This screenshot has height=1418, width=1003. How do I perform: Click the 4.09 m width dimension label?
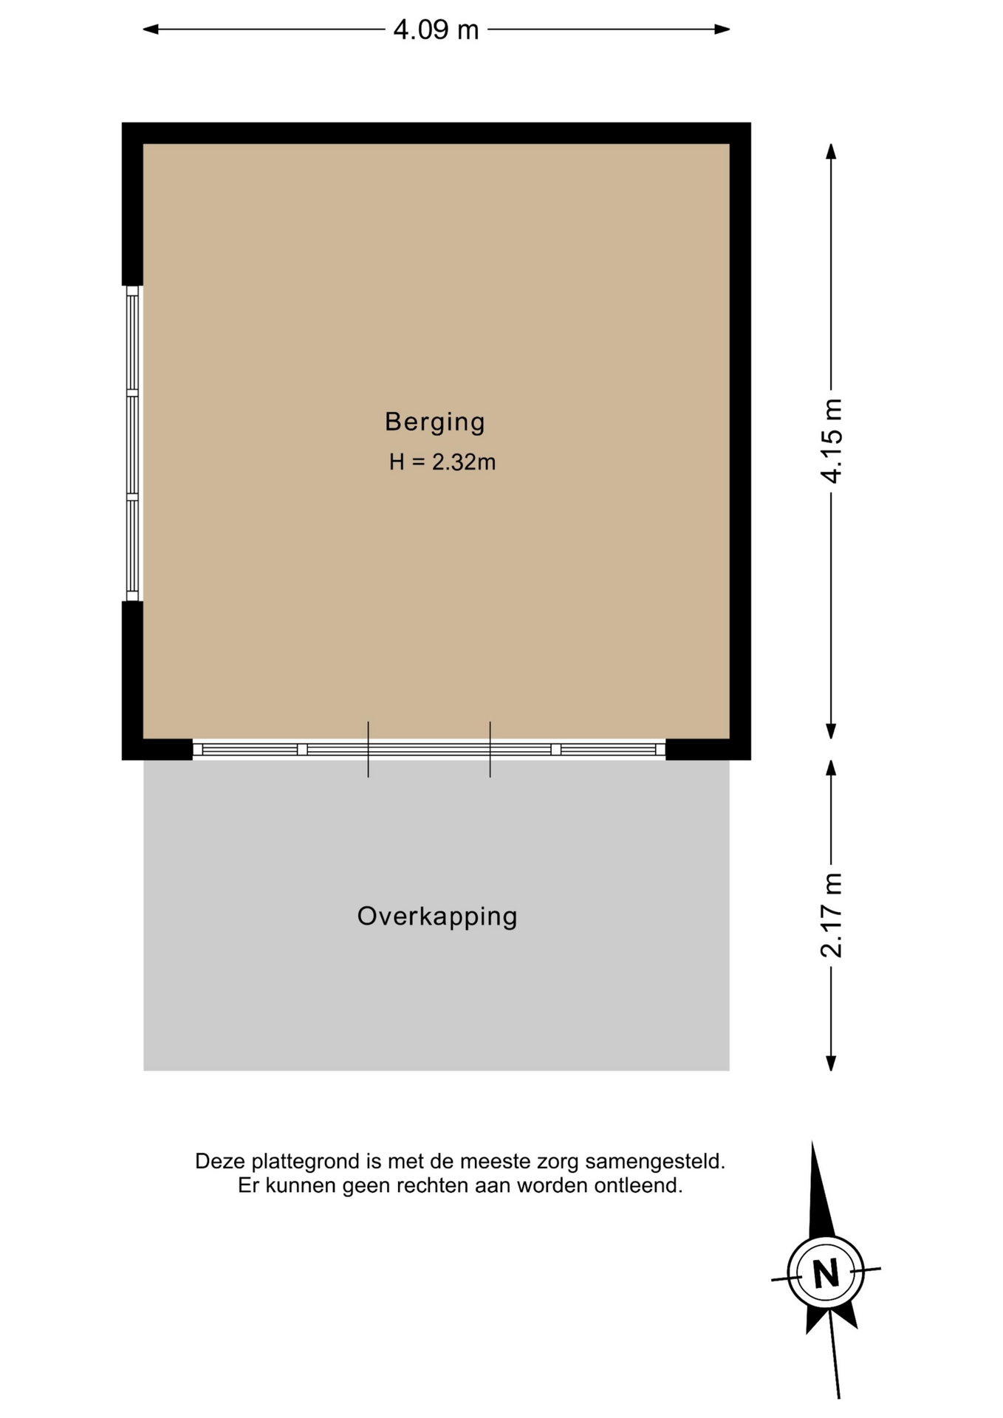coord(436,30)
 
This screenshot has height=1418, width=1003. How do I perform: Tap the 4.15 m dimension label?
coord(832,441)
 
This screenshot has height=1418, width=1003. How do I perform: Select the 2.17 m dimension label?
coord(832,915)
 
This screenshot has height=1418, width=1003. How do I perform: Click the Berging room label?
coord(435,422)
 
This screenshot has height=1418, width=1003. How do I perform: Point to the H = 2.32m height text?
coord(442,462)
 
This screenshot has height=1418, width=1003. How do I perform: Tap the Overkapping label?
coord(437,916)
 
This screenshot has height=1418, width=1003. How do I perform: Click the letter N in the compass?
coord(826,1273)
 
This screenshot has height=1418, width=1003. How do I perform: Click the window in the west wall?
coord(132,443)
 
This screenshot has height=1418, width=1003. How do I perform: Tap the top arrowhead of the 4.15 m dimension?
coord(831,151)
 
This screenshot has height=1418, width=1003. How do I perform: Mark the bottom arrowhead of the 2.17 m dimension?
coord(831,1063)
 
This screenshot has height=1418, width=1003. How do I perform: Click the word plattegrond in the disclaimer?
coord(307,1162)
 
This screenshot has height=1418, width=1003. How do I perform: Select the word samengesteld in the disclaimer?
coord(655,1162)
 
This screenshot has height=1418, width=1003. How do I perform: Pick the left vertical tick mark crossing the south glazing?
coord(369,750)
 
